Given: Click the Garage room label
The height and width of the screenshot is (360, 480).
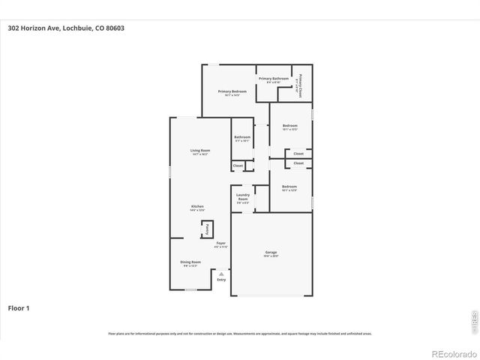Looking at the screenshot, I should point(271,253).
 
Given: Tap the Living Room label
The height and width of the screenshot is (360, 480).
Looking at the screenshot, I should point(200,151).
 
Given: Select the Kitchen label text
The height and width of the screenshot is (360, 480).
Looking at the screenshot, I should point(197,207).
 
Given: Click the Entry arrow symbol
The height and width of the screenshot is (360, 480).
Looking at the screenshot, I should point(221,274).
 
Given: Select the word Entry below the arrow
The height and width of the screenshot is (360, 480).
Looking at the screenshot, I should point(221,280).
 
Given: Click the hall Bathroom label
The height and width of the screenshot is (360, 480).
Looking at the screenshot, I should point(241,138).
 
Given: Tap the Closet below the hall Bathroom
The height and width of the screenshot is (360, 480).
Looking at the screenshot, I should point(238,166).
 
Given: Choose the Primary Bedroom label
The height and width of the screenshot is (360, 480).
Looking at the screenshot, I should point(232,92).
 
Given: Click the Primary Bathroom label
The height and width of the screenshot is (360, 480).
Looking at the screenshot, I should point(274,79).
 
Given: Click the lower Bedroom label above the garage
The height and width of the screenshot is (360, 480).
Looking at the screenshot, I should point(289,187).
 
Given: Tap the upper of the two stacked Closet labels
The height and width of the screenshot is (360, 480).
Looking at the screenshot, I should point(298,154).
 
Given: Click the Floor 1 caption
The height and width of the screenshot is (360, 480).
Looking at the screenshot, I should point(18,307).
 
